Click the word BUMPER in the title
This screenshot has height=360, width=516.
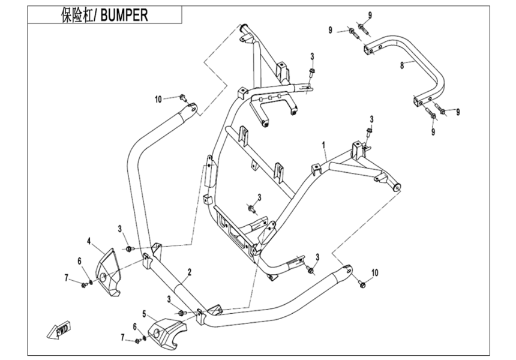(x=124, y=15)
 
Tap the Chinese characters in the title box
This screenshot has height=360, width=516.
(x=79, y=15)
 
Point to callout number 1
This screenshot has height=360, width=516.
(x=323, y=145)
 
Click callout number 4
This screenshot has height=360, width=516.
(x=89, y=241)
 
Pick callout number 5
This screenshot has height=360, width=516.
(x=143, y=313)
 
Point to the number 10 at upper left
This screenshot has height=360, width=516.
(x=158, y=99)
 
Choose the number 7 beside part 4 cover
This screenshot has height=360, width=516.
(x=67, y=277)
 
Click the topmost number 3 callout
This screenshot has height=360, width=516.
(x=312, y=56)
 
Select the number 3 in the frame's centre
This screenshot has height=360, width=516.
(x=259, y=197)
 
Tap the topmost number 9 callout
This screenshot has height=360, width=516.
(x=370, y=14)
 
